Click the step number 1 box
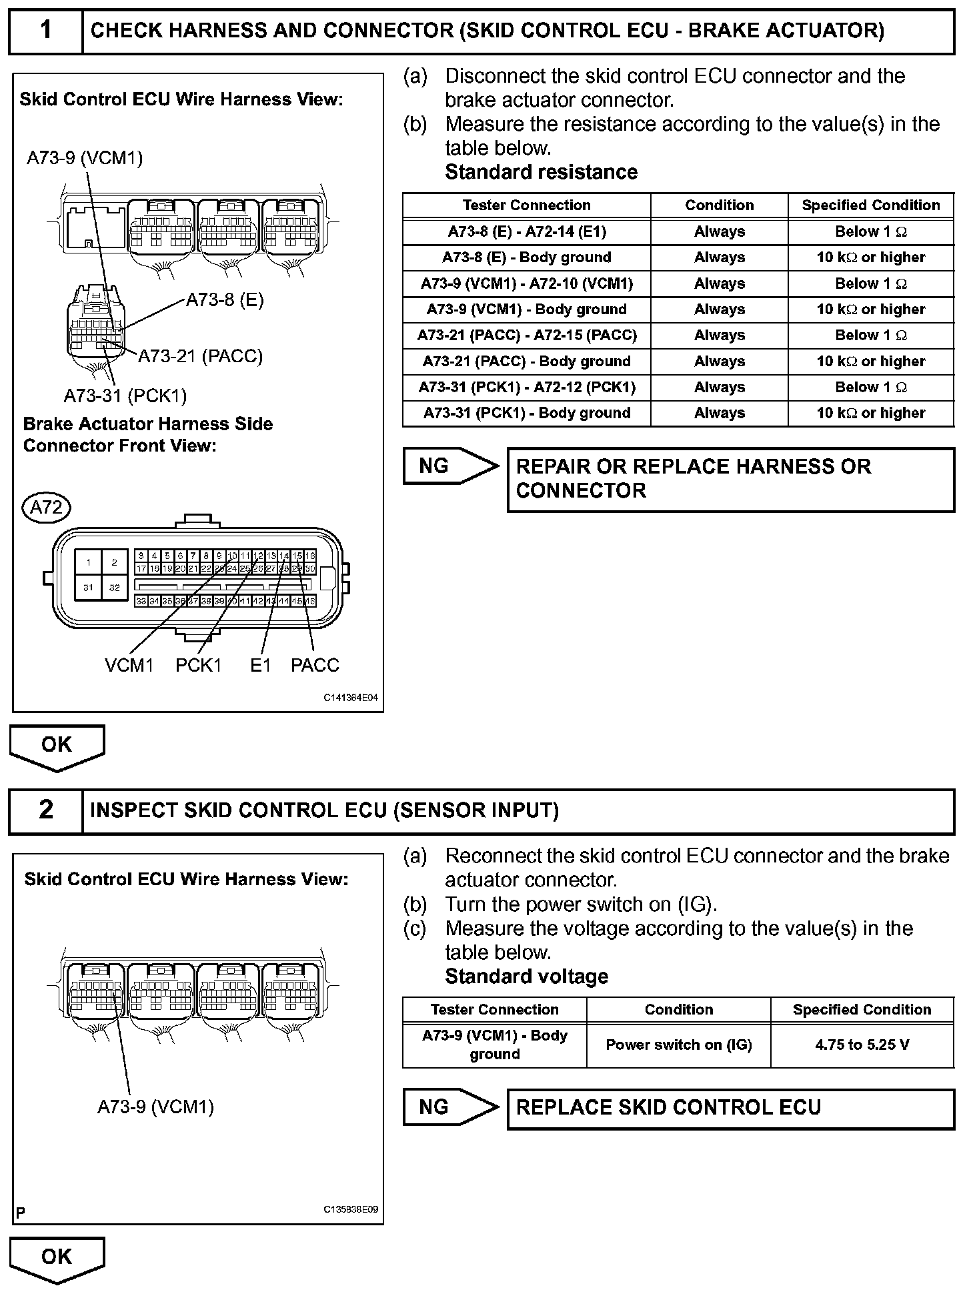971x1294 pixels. coord(45,31)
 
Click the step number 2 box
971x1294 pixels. coord(45,810)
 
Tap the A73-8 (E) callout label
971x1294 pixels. coord(225,300)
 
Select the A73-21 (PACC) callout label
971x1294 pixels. coord(200,356)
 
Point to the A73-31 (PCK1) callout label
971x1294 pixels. coord(125,396)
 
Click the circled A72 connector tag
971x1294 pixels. coord(47,508)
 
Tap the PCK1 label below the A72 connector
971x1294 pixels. coord(198,665)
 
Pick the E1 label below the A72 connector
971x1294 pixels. coord(260,665)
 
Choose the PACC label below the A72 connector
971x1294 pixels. coord(315,665)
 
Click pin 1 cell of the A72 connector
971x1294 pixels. coord(89,562)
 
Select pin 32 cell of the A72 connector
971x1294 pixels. coord(114,588)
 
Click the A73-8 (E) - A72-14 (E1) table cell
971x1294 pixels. coord(527,231)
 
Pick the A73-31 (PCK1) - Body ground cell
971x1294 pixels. coord(527,413)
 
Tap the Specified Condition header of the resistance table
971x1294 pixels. coord(870,205)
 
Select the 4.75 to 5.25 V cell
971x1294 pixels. coord(862,1045)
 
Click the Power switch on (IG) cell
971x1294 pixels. coord(678,1045)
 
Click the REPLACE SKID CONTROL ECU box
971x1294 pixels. coord(730,1108)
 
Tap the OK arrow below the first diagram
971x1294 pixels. coord(57,746)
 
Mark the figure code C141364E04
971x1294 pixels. coord(351,698)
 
